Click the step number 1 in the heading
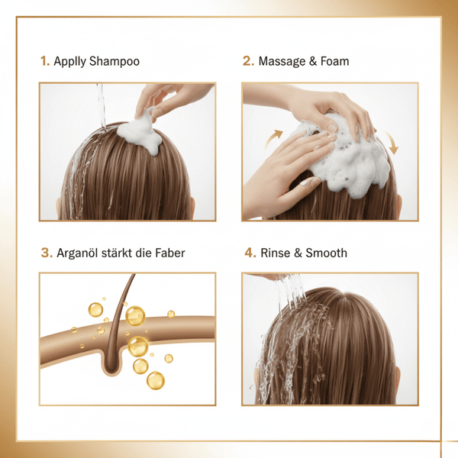tap(44, 61)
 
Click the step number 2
tap(248, 61)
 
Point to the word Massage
tap(284, 61)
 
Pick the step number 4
tap(248, 252)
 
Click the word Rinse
tap(275, 252)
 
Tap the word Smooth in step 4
tap(327, 252)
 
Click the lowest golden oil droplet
tap(155, 379)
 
